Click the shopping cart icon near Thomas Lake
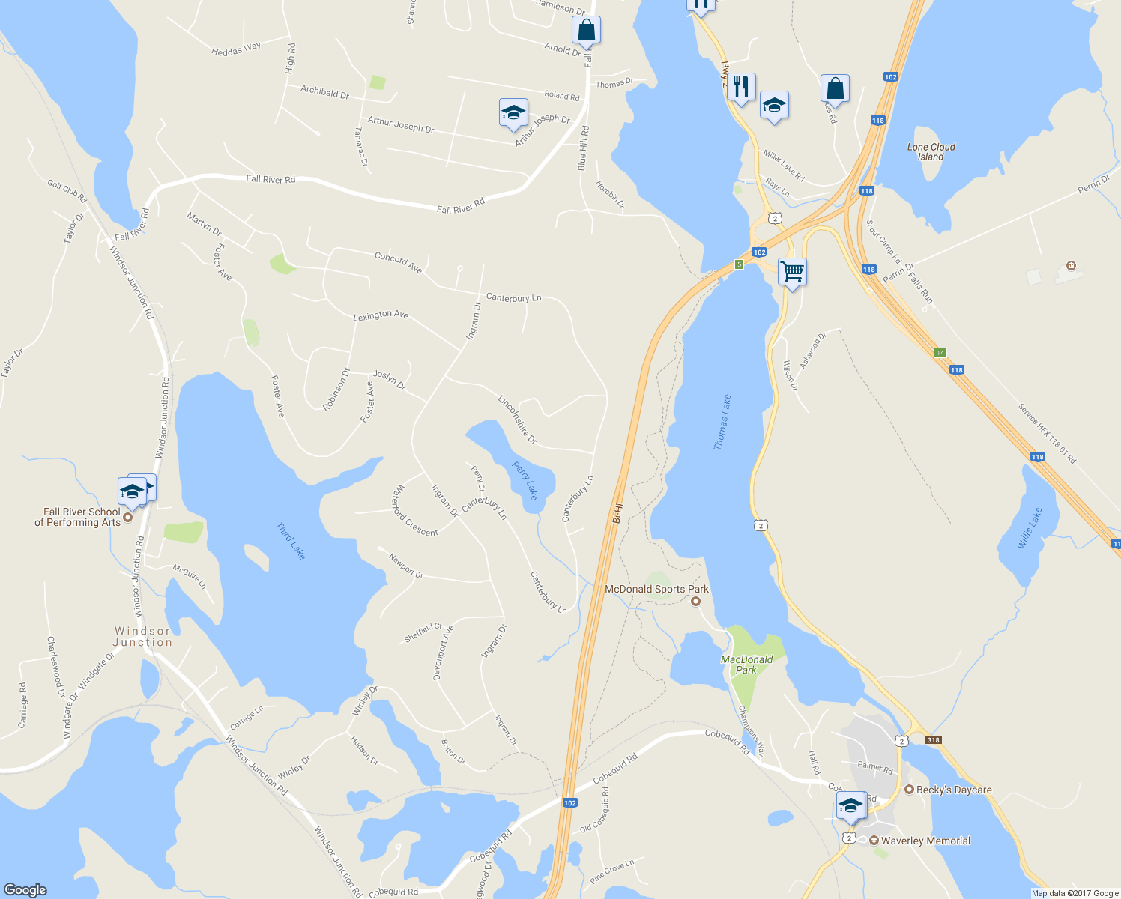(x=791, y=271)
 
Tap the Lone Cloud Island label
(x=931, y=152)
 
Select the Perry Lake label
(x=525, y=480)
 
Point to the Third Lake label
(x=291, y=541)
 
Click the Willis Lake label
(x=1030, y=528)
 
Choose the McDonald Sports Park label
(x=656, y=590)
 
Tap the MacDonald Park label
(x=746, y=665)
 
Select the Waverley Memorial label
(x=925, y=841)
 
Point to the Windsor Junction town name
(x=142, y=637)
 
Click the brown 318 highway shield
(x=933, y=739)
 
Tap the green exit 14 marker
(x=940, y=353)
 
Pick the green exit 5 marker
(x=739, y=264)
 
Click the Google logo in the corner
(x=25, y=889)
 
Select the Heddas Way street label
(x=236, y=49)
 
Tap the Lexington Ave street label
(x=381, y=315)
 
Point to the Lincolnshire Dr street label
(x=517, y=420)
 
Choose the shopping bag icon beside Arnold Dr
(x=586, y=31)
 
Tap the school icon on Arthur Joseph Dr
(x=513, y=113)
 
